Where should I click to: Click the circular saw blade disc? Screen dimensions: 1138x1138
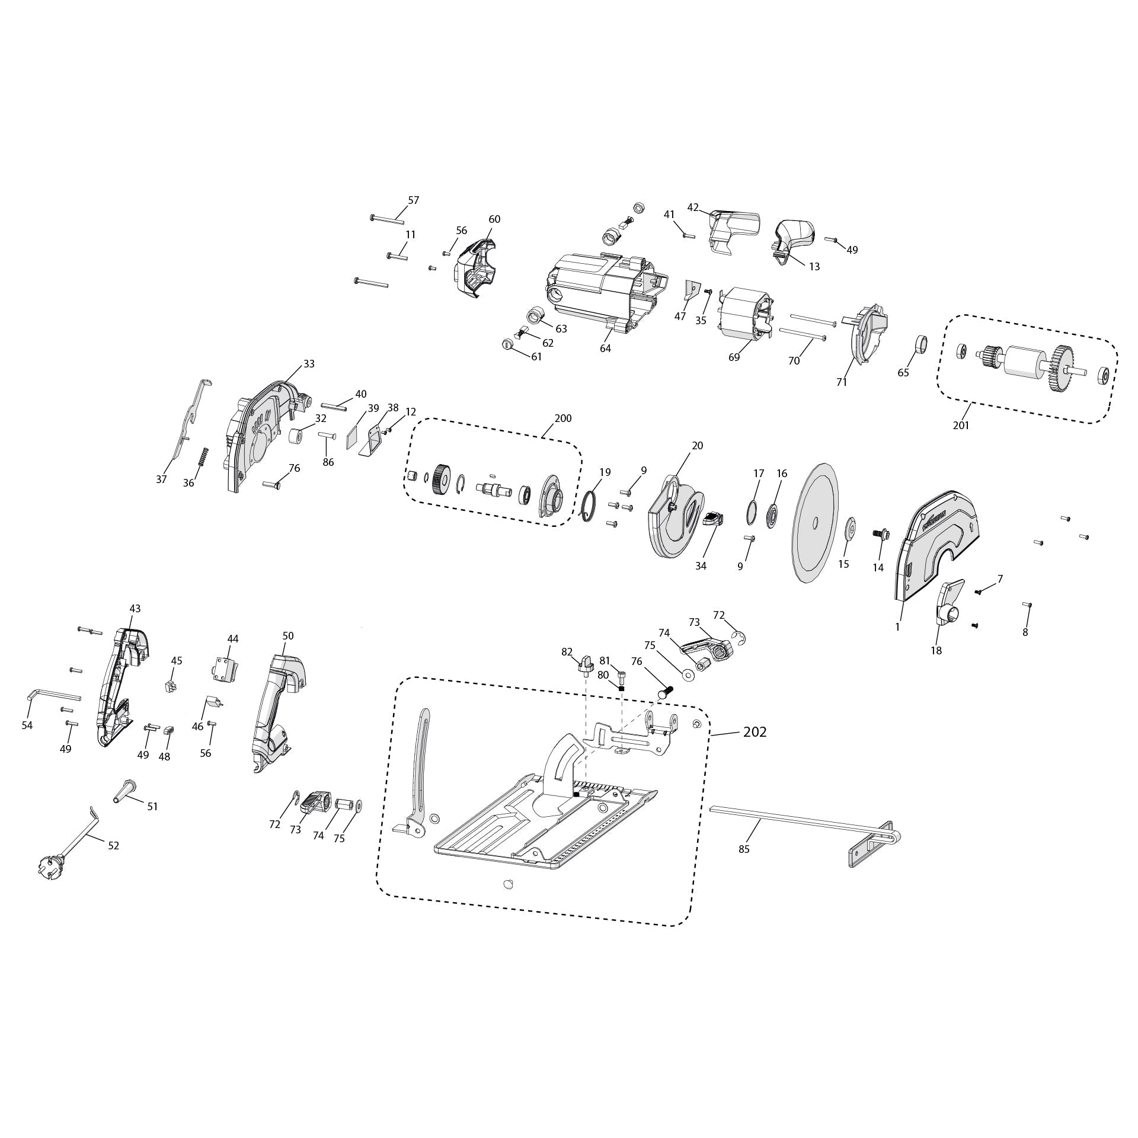click(x=816, y=522)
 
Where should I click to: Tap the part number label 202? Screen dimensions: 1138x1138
click(x=755, y=732)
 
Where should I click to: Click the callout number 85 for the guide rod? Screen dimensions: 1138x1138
click(x=744, y=849)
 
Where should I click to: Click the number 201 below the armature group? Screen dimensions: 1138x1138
click(x=961, y=425)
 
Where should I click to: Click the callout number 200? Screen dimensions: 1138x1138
click(x=562, y=418)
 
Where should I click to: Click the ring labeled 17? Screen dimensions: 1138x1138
click(x=751, y=512)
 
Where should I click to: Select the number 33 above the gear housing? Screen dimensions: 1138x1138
click(x=309, y=364)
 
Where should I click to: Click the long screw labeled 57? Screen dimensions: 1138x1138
click(x=387, y=219)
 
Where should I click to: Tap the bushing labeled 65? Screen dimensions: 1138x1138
click(x=921, y=344)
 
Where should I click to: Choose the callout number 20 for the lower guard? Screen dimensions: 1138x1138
click(x=698, y=445)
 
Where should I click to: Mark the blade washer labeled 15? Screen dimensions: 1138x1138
click(x=849, y=528)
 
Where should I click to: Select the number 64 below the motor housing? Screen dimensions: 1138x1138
click(x=605, y=349)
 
